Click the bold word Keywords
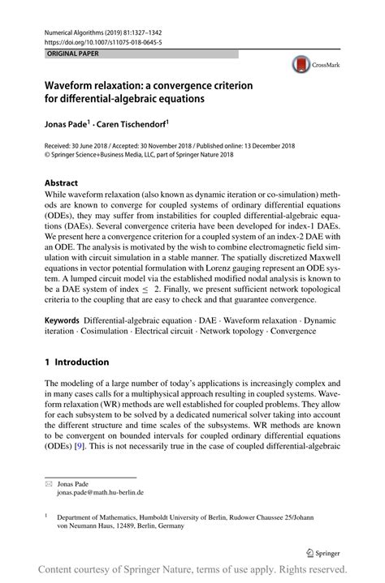click(67, 322)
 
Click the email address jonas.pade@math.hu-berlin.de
click(100, 491)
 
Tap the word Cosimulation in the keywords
click(100, 332)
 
